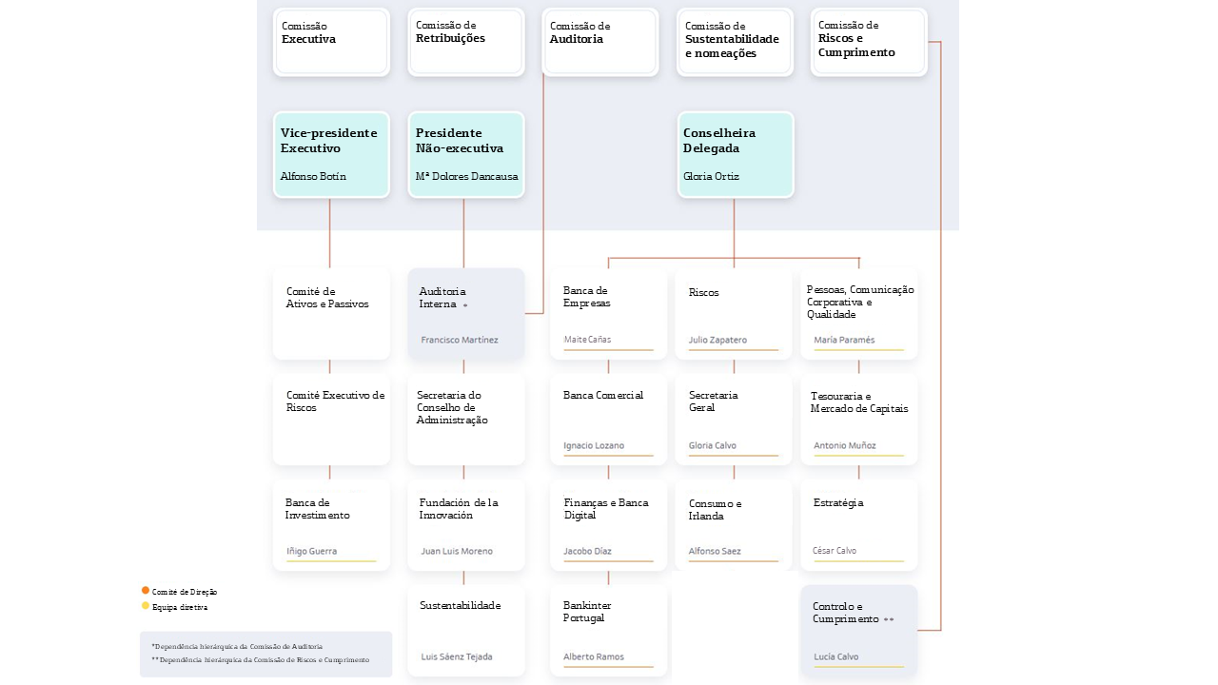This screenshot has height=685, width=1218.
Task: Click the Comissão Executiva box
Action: [x=331, y=42]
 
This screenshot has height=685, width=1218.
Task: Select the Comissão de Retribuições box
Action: [x=466, y=42]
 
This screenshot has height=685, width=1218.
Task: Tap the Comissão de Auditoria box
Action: [x=600, y=42]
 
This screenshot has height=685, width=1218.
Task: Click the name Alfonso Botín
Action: [x=313, y=176]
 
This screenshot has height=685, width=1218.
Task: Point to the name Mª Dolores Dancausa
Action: [x=466, y=176]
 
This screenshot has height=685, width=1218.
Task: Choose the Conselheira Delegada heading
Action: [x=718, y=140]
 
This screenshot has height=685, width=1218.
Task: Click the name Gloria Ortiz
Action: [x=711, y=176]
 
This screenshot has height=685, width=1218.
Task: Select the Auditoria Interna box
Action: [x=466, y=314]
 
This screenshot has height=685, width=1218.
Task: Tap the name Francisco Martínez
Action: [x=460, y=340]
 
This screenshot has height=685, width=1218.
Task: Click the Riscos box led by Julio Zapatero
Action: [x=734, y=314]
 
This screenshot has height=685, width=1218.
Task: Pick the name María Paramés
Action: [x=844, y=340]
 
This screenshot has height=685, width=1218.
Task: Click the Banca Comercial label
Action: [x=603, y=395]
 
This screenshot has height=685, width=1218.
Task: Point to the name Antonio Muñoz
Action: [x=844, y=445]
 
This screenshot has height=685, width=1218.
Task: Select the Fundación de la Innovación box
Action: [x=466, y=524]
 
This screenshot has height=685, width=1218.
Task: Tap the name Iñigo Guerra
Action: [x=311, y=551]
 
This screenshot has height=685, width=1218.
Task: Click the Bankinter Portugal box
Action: [x=608, y=631]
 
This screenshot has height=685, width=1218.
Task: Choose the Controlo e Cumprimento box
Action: [x=858, y=631]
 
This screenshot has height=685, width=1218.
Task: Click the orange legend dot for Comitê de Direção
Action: [x=146, y=591]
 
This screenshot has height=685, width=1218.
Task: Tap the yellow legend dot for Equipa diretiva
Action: [x=146, y=606]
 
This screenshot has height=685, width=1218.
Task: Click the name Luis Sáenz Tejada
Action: [x=456, y=656]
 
